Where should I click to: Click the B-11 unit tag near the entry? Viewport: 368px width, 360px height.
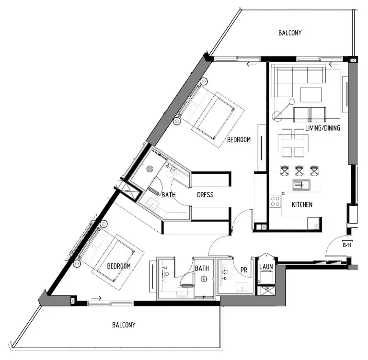click(347, 245)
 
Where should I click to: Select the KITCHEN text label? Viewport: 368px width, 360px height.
click(302, 204)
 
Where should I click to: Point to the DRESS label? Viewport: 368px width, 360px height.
click(205, 195)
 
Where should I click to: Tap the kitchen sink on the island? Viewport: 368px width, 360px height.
click(300, 185)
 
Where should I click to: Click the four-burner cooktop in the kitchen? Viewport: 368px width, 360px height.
click(276, 201)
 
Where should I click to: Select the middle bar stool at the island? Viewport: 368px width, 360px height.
click(299, 170)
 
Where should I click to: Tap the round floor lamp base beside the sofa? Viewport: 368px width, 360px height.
click(276, 115)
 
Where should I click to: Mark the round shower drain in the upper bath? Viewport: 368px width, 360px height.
click(149, 169)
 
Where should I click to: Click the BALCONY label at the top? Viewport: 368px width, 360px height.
click(290, 33)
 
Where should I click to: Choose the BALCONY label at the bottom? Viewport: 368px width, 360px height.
click(124, 325)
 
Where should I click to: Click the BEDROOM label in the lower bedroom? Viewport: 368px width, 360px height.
click(118, 266)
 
